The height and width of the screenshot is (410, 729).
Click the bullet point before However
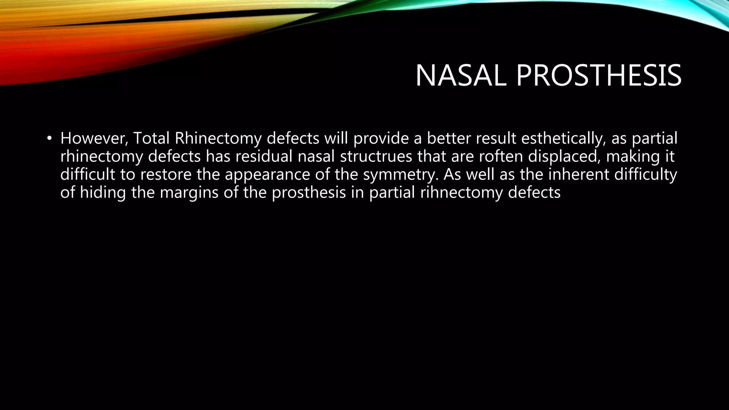click(49, 138)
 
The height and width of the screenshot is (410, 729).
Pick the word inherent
click(578, 175)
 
